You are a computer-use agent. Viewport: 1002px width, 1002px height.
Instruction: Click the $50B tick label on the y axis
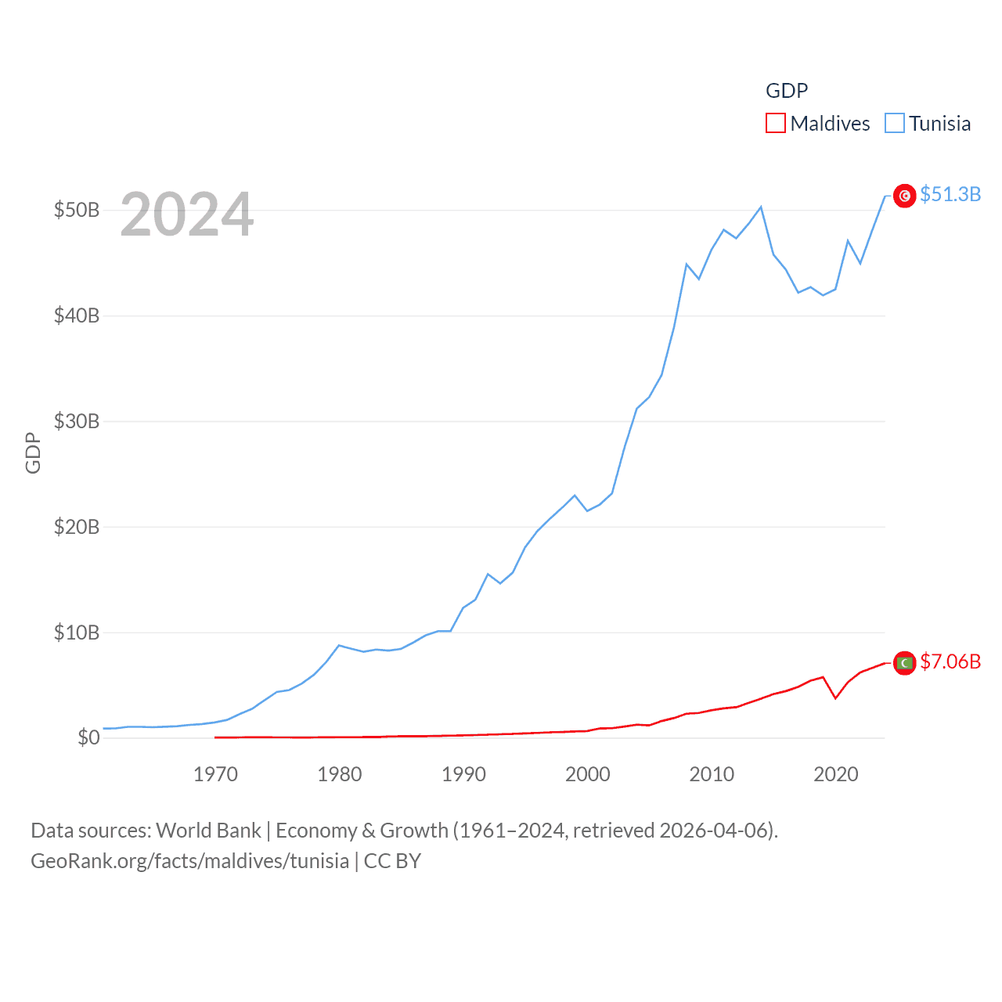(x=76, y=210)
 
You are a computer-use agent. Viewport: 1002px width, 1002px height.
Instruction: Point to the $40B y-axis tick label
(x=76, y=315)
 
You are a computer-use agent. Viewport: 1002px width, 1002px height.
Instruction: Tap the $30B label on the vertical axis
(x=76, y=421)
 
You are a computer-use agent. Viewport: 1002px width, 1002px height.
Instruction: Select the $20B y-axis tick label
(x=76, y=527)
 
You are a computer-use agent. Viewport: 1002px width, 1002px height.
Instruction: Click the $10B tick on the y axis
(x=76, y=633)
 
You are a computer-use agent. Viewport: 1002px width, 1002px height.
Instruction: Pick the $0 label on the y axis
(x=88, y=737)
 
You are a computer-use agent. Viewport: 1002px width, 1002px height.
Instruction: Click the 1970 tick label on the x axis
(x=215, y=774)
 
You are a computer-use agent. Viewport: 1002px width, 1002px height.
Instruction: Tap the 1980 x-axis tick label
(x=339, y=774)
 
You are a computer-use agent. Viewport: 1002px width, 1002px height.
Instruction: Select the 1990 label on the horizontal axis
(x=463, y=774)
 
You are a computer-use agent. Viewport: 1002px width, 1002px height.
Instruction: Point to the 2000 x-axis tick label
(x=587, y=774)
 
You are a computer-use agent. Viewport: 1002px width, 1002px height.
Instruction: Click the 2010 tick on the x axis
(x=712, y=774)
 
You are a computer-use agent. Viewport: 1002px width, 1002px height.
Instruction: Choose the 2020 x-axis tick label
(x=836, y=774)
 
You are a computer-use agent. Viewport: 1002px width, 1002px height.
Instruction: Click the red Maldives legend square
(x=775, y=123)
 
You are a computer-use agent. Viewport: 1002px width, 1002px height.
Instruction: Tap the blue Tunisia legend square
(x=895, y=123)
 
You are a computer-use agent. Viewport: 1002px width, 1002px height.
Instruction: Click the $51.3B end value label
(x=950, y=194)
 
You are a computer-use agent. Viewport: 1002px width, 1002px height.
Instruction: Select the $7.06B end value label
(x=950, y=661)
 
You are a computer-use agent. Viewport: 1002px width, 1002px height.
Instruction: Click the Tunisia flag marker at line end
(x=905, y=196)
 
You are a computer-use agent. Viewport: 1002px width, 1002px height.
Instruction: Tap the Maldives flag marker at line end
(x=905, y=663)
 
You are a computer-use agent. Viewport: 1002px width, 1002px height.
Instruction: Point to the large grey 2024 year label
(x=186, y=214)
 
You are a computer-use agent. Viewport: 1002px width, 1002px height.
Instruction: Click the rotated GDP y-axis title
(x=33, y=452)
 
